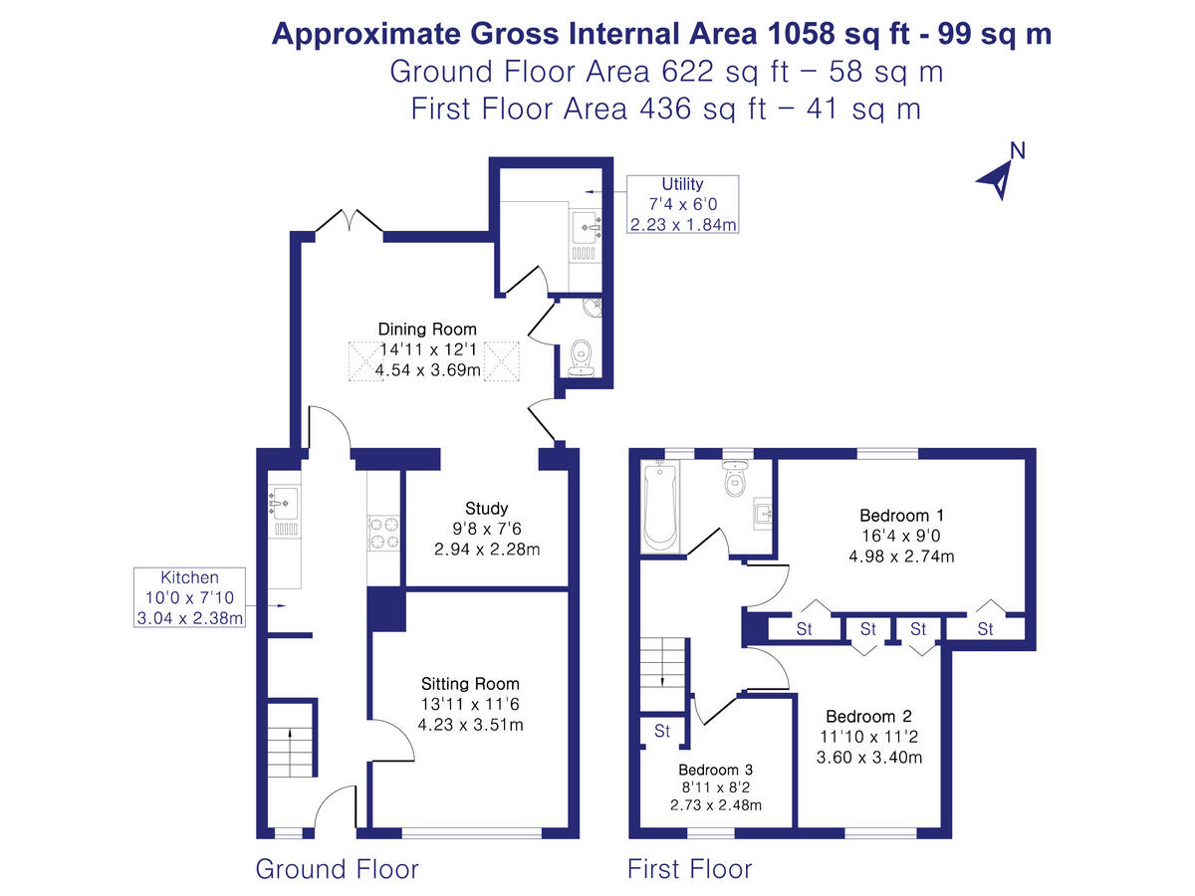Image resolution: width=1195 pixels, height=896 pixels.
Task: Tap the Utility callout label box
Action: click(x=682, y=204)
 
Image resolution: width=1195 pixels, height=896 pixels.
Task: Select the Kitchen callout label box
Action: click(x=189, y=598)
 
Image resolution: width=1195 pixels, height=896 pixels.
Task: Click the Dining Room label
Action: click(x=427, y=349)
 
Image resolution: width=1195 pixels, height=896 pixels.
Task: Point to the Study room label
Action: click(x=486, y=528)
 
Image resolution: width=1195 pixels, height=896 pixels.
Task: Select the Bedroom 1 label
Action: click(x=901, y=536)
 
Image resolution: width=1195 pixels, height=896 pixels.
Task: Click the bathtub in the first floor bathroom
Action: click(x=660, y=507)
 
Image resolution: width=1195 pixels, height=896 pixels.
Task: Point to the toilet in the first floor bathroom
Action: click(x=736, y=479)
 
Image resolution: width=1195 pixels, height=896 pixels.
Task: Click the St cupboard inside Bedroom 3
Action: click(x=662, y=731)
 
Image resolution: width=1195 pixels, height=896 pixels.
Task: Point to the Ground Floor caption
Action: click(x=337, y=868)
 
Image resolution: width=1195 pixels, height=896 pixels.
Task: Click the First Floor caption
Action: click(x=689, y=868)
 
